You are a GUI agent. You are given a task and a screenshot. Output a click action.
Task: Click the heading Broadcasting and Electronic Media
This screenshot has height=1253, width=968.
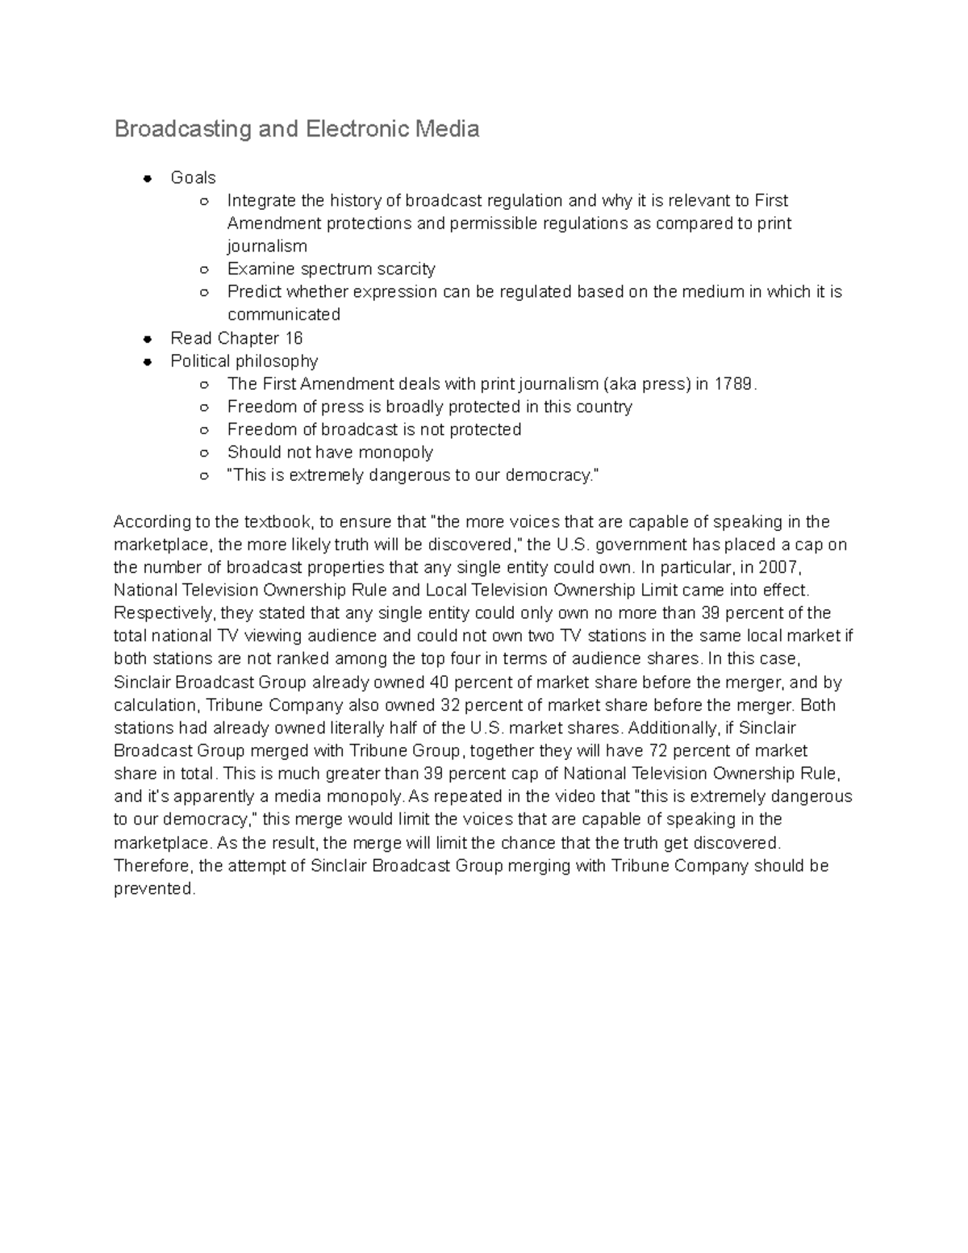coord(296,129)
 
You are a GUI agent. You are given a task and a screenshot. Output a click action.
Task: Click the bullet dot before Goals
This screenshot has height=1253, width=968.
coord(148,178)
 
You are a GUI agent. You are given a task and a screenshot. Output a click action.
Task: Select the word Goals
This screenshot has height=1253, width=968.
coord(193,178)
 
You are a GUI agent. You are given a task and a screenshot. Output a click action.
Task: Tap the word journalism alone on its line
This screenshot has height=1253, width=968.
coord(267,246)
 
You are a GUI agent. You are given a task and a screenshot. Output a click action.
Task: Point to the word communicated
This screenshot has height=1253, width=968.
coord(283,315)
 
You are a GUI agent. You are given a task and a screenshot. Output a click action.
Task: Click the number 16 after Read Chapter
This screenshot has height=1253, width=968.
coord(294,338)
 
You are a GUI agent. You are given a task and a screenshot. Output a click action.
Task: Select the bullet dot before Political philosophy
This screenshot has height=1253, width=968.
coord(148,361)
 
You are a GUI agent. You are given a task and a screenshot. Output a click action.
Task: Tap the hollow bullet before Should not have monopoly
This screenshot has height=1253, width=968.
coord(205,453)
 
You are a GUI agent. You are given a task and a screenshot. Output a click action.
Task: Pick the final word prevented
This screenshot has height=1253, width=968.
coord(153,889)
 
